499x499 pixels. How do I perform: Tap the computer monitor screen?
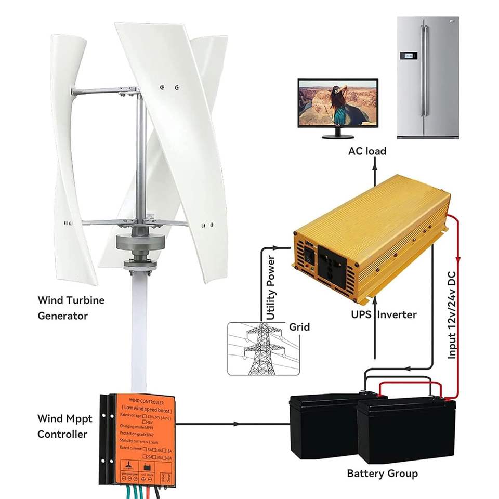pos(337,104)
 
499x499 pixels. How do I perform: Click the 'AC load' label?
pos(367,151)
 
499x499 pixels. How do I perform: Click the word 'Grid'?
pos(299,327)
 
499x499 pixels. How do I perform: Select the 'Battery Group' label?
pos(382,474)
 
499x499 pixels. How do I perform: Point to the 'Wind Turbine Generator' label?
pos(71,308)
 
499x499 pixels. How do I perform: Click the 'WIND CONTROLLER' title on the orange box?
pos(142,403)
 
